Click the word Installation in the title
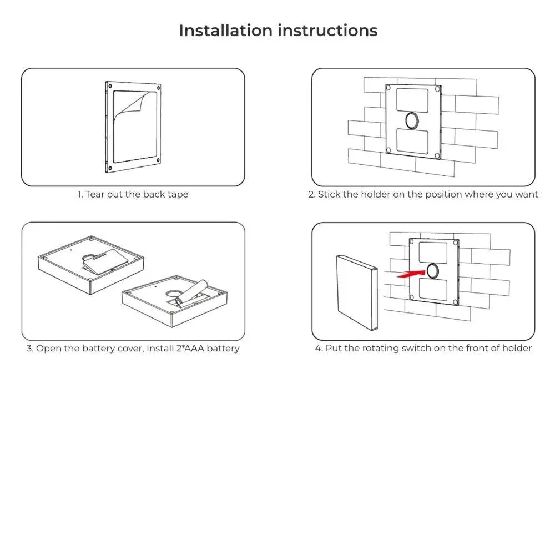click(x=226, y=30)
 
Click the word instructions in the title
click(x=327, y=30)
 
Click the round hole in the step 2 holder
click(x=412, y=119)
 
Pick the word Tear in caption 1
click(x=95, y=194)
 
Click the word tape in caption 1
click(x=177, y=194)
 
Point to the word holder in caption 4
click(x=517, y=349)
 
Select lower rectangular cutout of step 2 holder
click(x=412, y=141)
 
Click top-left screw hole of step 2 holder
click(x=390, y=87)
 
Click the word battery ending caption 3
click(x=223, y=349)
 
